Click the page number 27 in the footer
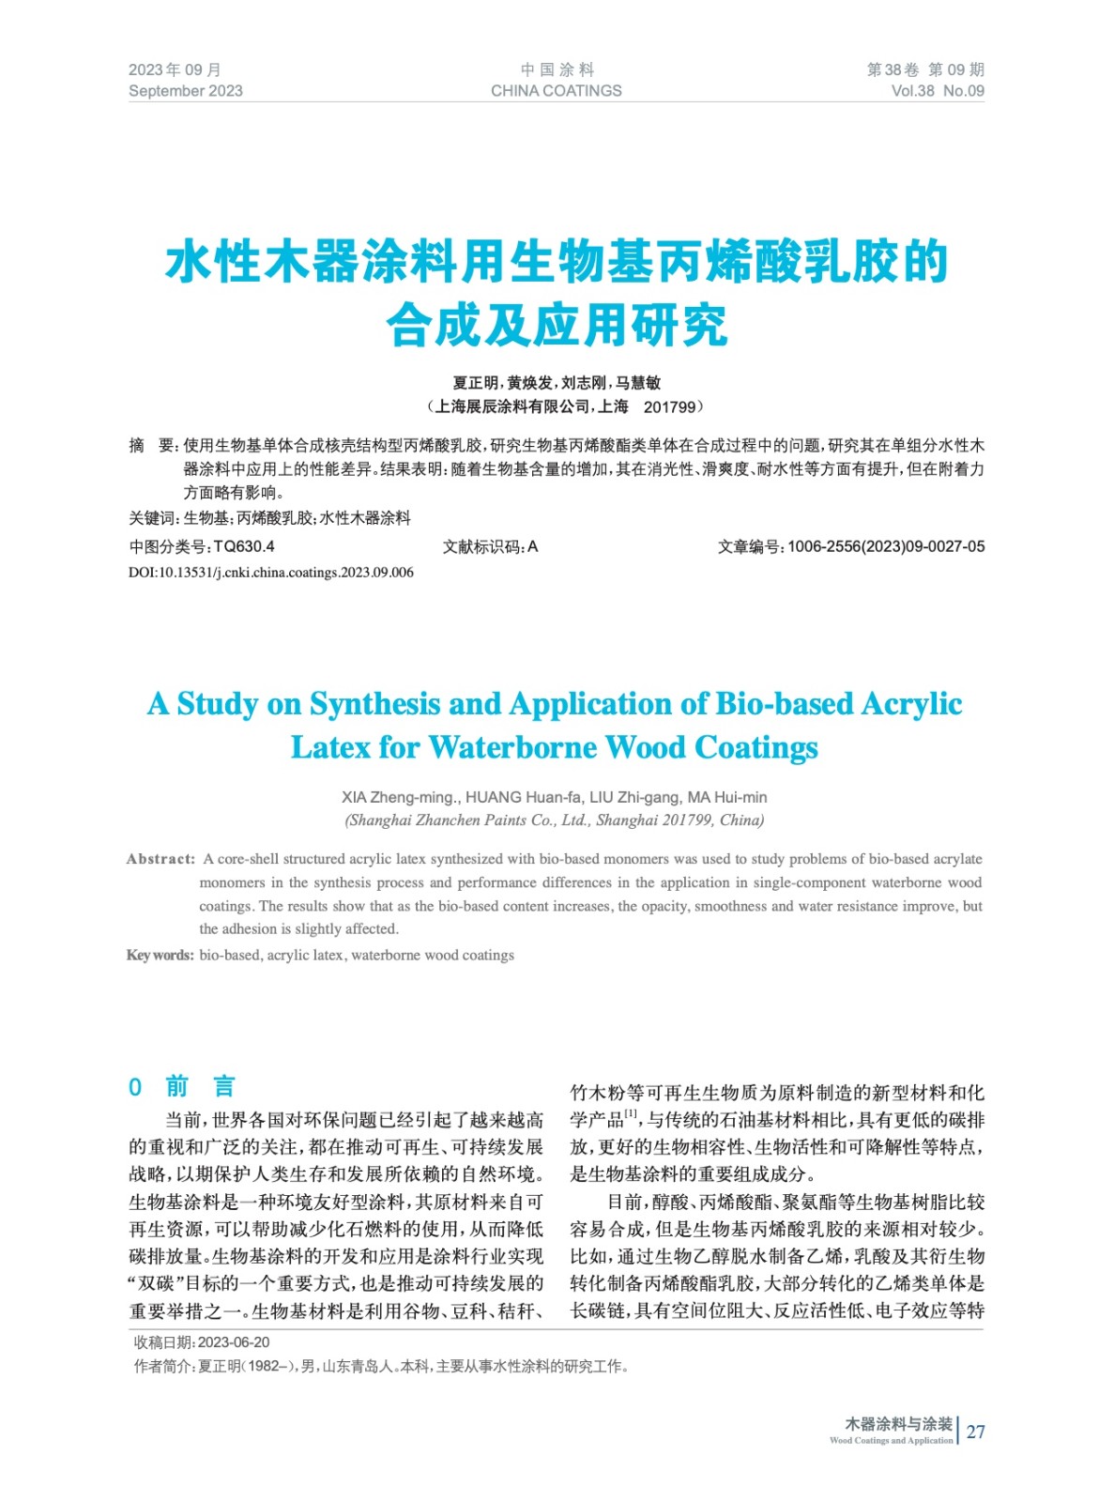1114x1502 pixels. point(976,1432)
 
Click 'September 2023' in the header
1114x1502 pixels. point(185,91)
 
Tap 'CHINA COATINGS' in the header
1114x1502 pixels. point(556,91)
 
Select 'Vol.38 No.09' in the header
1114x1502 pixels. point(937,91)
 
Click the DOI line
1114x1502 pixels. point(270,573)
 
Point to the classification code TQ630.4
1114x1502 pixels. point(244,546)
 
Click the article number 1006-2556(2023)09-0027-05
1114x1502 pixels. point(886,546)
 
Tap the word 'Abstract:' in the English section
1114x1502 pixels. point(160,859)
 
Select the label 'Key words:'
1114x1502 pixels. point(160,956)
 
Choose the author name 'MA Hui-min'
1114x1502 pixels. point(727,797)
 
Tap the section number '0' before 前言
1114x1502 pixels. point(135,1087)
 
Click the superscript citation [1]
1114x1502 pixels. point(631,1114)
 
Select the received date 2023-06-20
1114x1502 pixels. point(234,1343)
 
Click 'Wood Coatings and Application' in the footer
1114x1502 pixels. point(891,1440)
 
